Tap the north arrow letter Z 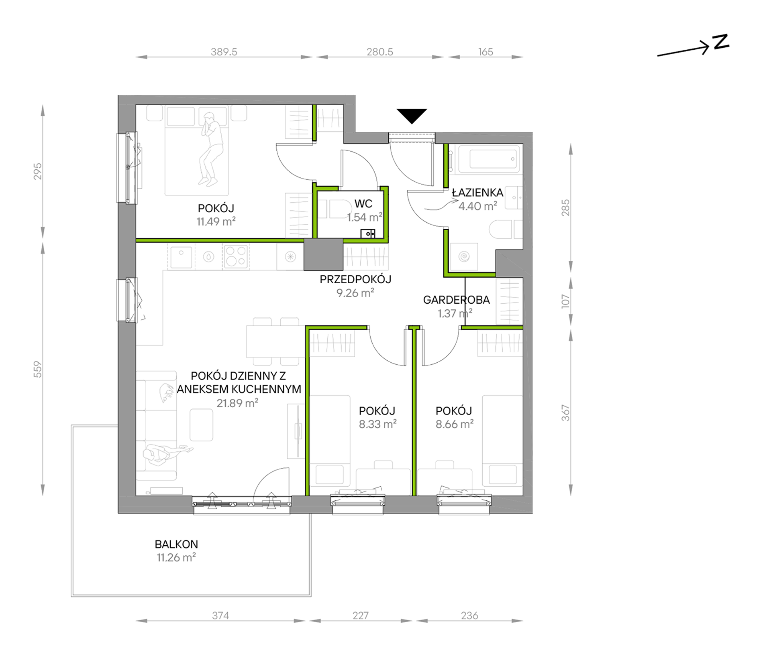tap(721, 42)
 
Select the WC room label tap(363, 204)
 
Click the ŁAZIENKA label tap(477, 193)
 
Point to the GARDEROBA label tap(456, 300)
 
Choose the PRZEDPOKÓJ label tap(355, 279)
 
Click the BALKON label tap(176, 544)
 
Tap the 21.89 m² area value tap(237, 403)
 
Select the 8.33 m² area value tap(377, 424)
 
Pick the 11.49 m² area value tap(216, 221)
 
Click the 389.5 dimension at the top tap(224, 52)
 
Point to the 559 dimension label tap(37, 370)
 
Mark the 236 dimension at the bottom tap(469, 615)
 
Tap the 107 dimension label tap(565, 301)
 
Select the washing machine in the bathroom tap(464, 256)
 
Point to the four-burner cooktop tap(236, 257)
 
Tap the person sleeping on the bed tap(210, 149)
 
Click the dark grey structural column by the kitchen tap(323, 254)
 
